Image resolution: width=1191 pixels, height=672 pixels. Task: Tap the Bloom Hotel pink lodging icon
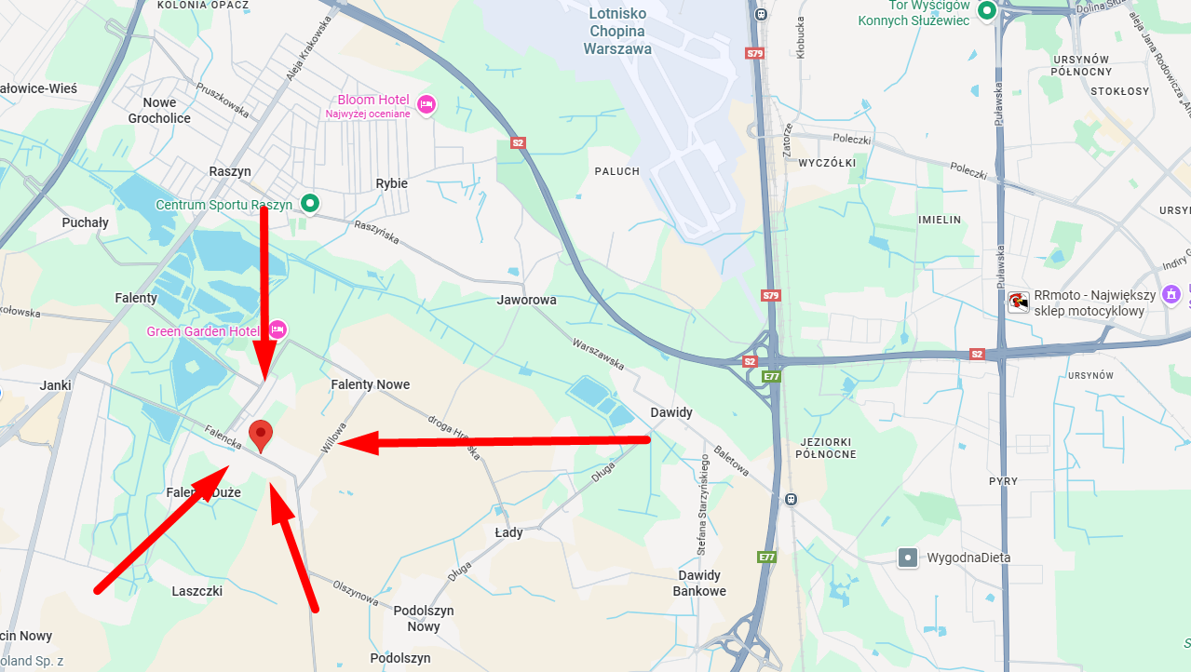coord(426,103)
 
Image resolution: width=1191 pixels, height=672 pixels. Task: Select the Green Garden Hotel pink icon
coord(277,329)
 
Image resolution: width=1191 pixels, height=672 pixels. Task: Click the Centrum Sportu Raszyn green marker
coord(311,204)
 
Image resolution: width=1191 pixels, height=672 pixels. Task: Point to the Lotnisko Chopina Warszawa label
coord(616,31)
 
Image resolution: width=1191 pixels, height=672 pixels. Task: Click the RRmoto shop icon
coord(1019,302)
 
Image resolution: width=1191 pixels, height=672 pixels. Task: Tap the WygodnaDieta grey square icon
coord(907,558)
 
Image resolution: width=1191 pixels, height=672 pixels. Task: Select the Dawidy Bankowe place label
coord(699,583)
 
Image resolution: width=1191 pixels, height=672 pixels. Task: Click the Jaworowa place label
coord(526,300)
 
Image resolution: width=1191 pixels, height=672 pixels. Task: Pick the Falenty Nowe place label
coord(370,384)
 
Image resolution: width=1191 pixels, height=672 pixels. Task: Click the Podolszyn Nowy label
coord(423,618)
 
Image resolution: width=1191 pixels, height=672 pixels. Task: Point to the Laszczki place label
coord(196,591)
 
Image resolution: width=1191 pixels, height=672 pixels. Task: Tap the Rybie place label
coord(391,183)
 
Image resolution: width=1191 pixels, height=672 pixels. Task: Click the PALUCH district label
coord(617,171)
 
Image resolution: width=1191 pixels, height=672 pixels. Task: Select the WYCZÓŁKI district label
coord(827,163)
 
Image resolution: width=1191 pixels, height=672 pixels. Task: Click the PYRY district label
coord(1003,481)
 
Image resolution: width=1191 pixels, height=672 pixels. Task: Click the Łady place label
coord(508,532)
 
